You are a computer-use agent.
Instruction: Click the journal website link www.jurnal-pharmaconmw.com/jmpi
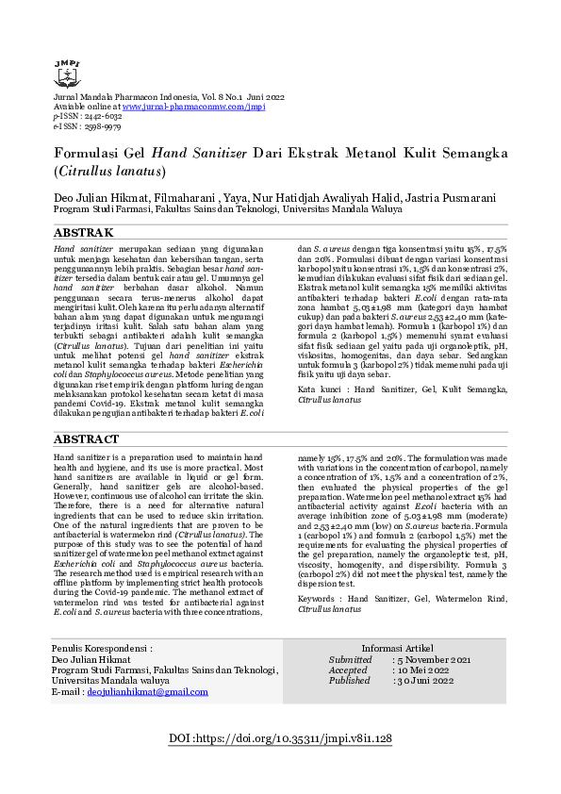coord(194,107)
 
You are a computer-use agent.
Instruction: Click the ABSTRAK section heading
coord(84,232)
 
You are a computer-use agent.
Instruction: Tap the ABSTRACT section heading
coord(87,439)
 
